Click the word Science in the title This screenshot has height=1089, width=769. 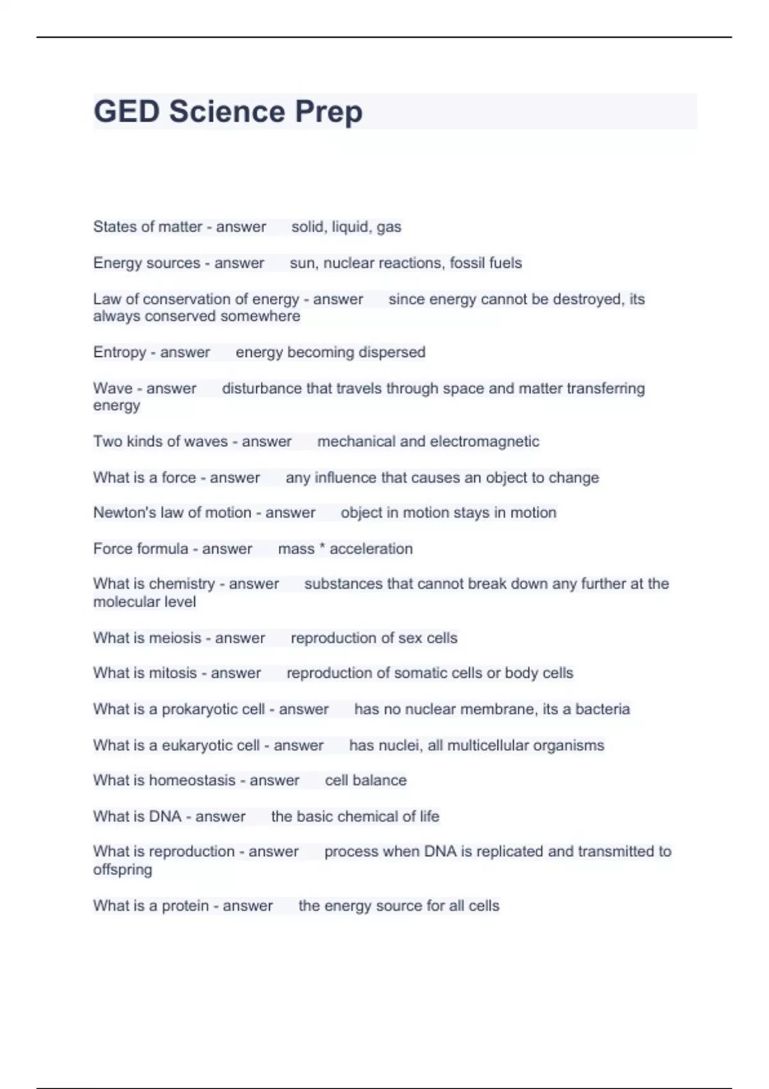pyautogui.click(x=227, y=111)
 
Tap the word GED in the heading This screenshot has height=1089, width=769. pyautogui.click(x=126, y=111)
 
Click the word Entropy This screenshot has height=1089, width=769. pyautogui.click(x=120, y=353)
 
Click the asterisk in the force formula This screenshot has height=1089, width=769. pyautogui.click(x=322, y=548)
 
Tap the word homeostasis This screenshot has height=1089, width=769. pyautogui.click(x=192, y=780)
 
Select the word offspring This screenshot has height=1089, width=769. pyautogui.click(x=122, y=870)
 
